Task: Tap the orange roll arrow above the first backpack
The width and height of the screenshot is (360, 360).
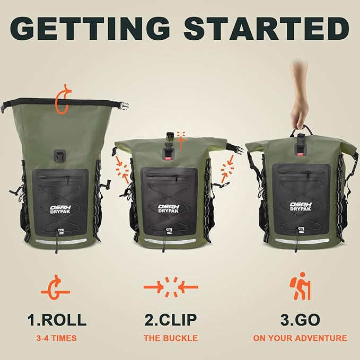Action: tap(63, 99)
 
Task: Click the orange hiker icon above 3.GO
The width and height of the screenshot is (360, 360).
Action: tap(300, 287)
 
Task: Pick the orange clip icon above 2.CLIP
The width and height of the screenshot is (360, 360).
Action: tap(171, 287)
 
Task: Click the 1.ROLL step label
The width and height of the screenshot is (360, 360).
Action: tap(57, 320)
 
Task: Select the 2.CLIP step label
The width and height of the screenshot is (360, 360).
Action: tap(171, 320)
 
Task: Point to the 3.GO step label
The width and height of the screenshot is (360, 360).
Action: tap(300, 320)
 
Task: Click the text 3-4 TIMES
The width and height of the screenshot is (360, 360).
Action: tap(57, 338)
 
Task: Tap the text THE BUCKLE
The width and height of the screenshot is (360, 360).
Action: tap(171, 338)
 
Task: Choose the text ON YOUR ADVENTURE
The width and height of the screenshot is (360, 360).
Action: tap(300, 338)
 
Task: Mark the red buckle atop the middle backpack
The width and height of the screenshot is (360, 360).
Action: tap(169, 154)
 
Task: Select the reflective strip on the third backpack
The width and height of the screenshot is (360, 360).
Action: tap(300, 241)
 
